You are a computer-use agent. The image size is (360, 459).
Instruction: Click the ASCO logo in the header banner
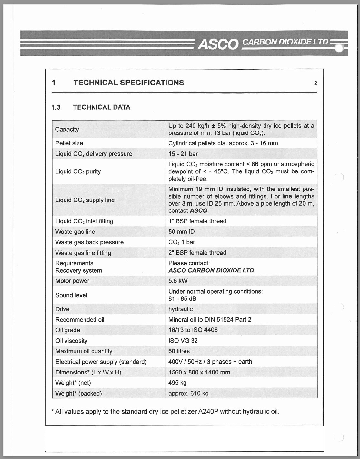[x=218, y=44]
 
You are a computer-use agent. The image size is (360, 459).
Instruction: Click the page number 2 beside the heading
[x=315, y=83]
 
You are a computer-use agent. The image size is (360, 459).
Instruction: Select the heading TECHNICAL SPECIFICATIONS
[x=128, y=83]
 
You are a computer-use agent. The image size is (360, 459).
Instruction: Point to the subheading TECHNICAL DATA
[x=102, y=107]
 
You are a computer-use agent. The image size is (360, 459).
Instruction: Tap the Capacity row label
[x=67, y=129]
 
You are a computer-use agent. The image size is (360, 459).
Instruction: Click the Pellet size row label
[x=69, y=143]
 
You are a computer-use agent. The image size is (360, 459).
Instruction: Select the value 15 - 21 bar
[x=183, y=154]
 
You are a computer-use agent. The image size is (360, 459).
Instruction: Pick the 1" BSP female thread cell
[x=197, y=221]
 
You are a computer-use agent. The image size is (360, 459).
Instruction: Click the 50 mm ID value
[x=181, y=232]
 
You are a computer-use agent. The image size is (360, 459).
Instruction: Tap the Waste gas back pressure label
[x=89, y=242]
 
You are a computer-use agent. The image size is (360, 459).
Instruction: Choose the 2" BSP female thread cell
[x=197, y=253]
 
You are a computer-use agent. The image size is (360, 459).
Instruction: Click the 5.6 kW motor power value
[x=178, y=281]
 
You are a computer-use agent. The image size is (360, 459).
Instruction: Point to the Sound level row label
[x=71, y=295]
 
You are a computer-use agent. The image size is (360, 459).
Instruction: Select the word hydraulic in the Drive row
[x=180, y=309]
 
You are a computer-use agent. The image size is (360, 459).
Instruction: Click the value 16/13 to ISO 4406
[x=193, y=330]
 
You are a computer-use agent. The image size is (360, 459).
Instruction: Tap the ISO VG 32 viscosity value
[x=183, y=341]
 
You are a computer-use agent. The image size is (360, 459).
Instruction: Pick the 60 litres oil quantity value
[x=179, y=351]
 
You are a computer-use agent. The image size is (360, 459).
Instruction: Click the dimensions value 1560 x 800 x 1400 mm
[x=199, y=372]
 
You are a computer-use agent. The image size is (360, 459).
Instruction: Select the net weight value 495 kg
[x=177, y=383]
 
